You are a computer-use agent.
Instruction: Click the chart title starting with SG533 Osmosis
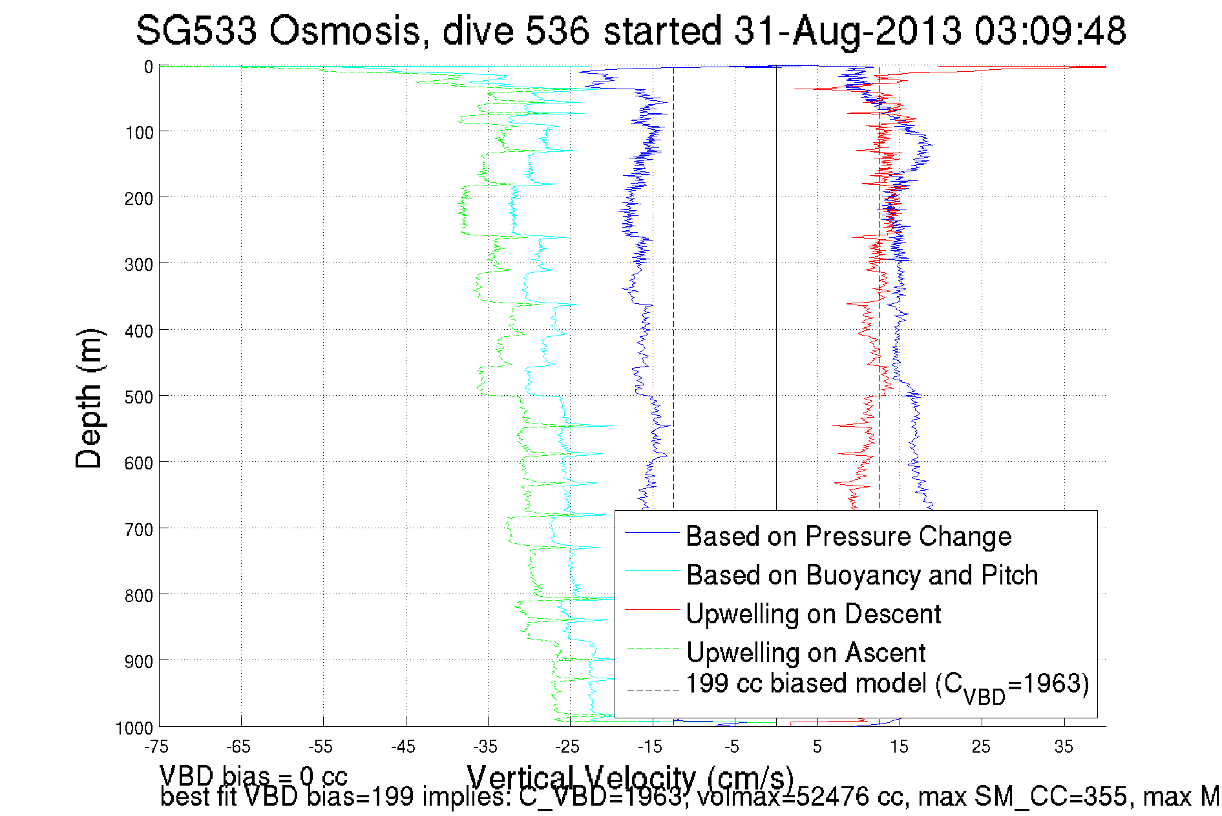(x=630, y=30)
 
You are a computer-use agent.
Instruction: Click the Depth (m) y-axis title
(x=89, y=398)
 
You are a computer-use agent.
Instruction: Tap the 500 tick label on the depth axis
(x=138, y=397)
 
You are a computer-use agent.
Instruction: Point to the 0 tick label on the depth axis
(x=148, y=67)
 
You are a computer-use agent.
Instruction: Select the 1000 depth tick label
(x=134, y=729)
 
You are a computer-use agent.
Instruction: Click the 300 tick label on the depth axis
(x=138, y=264)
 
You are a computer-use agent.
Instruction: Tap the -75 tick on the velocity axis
(x=156, y=747)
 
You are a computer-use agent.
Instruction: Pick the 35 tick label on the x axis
(x=1064, y=747)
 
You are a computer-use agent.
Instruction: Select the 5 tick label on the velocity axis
(x=817, y=747)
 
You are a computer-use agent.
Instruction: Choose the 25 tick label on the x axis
(x=981, y=747)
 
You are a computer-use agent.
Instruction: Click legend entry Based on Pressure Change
(x=848, y=536)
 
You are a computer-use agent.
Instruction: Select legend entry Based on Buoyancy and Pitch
(x=861, y=575)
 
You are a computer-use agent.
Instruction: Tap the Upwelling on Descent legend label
(x=813, y=614)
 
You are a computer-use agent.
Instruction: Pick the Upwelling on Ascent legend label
(x=806, y=652)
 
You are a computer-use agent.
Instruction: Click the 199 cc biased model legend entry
(x=887, y=685)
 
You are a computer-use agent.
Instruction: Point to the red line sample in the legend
(x=652, y=609)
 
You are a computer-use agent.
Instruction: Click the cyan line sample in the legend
(x=652, y=570)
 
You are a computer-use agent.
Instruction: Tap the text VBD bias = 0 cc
(x=253, y=776)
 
